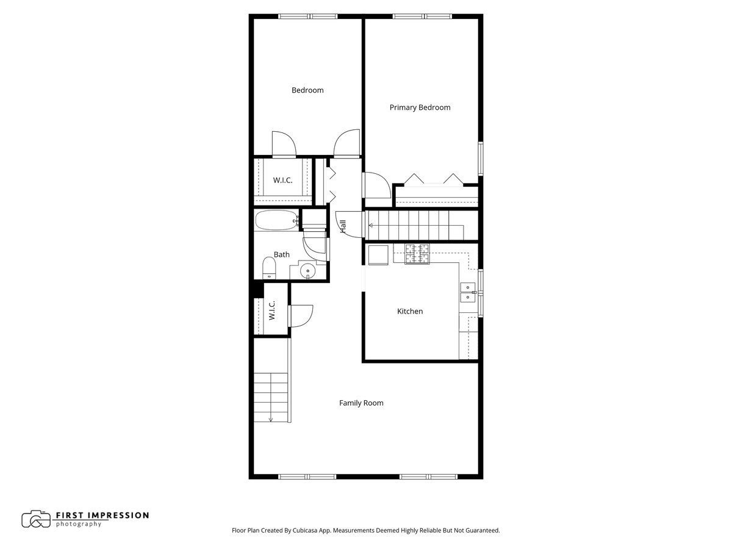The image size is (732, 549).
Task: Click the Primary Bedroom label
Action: (420, 107)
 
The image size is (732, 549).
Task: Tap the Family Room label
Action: (361, 403)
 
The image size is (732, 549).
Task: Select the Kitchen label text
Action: (410, 311)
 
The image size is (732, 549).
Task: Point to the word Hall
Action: (343, 226)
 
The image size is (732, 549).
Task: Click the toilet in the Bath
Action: (269, 267)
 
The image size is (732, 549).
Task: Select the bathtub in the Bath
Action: (277, 220)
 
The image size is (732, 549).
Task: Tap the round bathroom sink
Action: (307, 271)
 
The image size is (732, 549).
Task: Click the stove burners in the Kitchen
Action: (417, 254)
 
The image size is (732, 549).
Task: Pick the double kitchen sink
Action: (467, 292)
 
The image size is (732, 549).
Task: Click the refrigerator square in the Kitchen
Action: (378, 255)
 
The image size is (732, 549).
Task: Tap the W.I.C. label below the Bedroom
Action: (282, 181)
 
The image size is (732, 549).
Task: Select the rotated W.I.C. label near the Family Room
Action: (272, 310)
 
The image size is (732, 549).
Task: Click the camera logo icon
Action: (35, 519)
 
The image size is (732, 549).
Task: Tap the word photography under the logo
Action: (78, 524)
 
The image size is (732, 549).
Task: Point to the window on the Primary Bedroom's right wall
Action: (481, 159)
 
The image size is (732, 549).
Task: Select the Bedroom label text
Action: (307, 90)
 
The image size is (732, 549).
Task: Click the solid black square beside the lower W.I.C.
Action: (258, 290)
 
